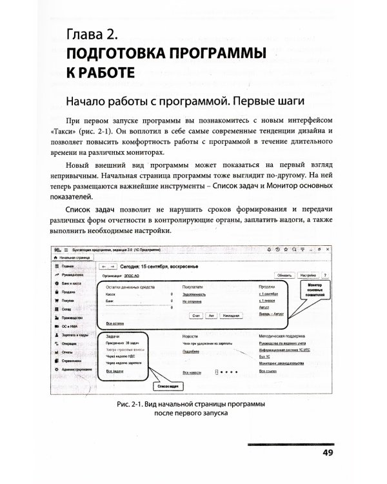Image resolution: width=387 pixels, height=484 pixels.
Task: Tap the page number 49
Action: click(328, 453)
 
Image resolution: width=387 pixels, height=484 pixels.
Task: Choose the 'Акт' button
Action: click(212, 315)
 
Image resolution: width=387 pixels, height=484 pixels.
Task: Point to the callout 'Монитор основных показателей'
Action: click(314, 290)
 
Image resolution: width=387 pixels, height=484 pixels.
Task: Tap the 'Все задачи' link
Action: click(114, 371)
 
